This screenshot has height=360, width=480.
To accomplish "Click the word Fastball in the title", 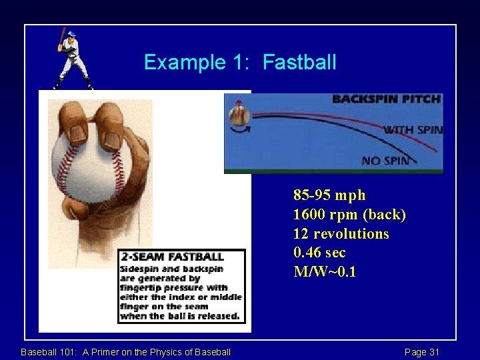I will point(299,63).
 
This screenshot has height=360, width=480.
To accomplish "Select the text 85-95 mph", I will point(329,195).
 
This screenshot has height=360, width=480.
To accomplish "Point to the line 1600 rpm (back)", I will point(349,215).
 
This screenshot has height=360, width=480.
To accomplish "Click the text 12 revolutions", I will point(341,234).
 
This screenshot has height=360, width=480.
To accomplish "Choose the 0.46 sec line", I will point(319,253).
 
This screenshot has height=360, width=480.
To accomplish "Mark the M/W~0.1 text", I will point(325,273).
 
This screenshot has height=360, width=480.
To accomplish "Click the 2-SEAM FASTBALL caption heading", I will point(172,257).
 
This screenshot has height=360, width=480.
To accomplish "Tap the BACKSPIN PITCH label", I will point(387,99).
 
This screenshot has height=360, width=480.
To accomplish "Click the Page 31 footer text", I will point(422,352).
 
